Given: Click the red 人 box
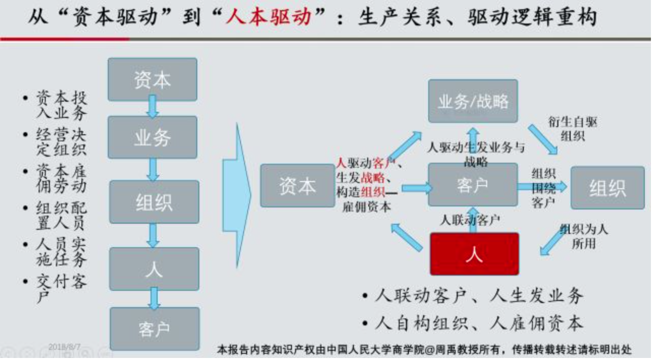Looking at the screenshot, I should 474,253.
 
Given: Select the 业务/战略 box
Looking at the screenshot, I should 472,101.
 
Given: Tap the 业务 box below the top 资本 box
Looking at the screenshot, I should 152,137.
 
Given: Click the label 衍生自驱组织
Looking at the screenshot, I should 573,129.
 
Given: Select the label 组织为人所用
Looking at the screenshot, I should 583,236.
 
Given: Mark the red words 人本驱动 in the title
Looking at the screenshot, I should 275,18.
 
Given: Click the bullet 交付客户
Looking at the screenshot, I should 61,288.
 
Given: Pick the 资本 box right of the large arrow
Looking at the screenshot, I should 298,186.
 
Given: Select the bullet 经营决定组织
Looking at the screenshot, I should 61,142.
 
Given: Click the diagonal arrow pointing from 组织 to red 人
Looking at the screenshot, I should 552,241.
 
